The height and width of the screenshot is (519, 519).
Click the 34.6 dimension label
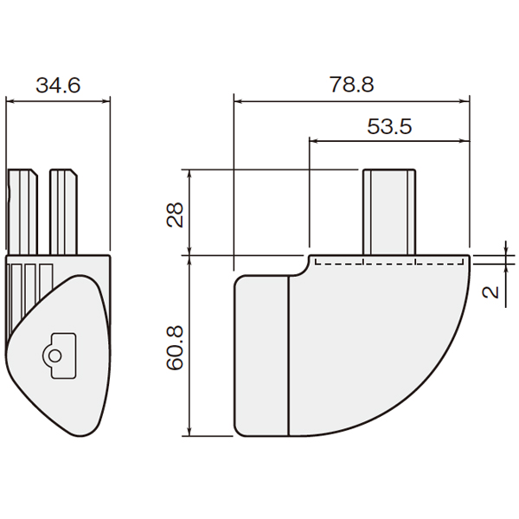[58, 86]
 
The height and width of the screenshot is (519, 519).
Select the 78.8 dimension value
[351, 84]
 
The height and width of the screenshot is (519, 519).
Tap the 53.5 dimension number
[389, 126]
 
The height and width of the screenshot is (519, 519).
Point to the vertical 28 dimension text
[175, 215]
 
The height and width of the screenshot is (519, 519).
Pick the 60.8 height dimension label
[175, 348]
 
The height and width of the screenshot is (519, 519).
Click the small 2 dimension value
[490, 292]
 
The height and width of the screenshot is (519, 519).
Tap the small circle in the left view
[55, 356]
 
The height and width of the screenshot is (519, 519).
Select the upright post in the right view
[389, 212]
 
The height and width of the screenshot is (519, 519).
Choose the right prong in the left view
[63, 212]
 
